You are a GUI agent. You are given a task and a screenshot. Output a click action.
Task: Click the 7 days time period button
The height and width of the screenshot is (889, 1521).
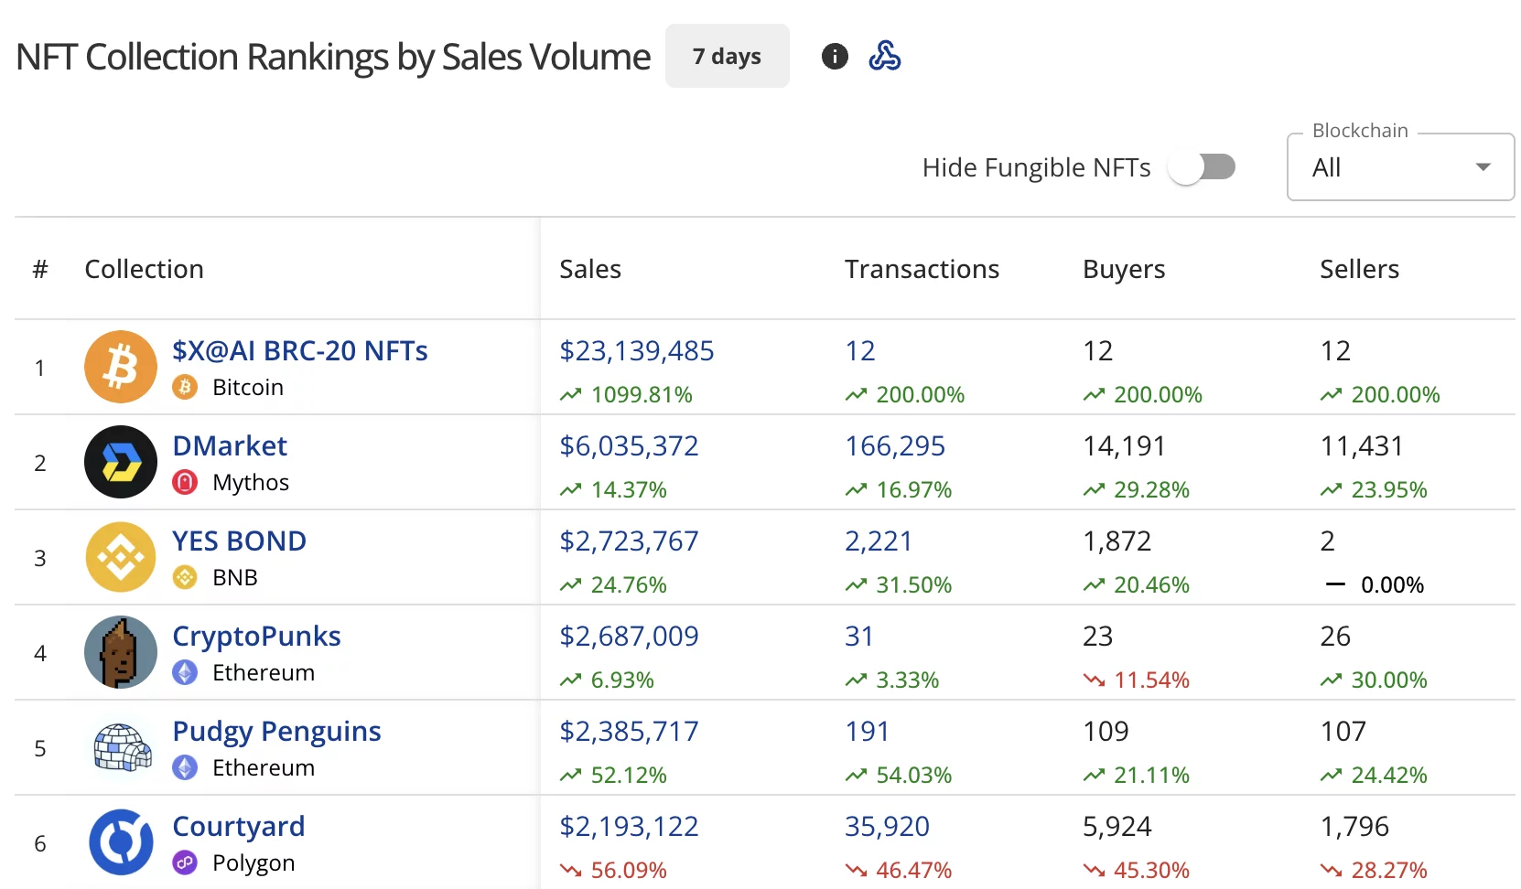pyautogui.click(x=727, y=57)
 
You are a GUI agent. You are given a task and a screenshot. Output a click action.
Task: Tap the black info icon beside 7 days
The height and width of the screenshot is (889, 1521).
pyautogui.click(x=835, y=57)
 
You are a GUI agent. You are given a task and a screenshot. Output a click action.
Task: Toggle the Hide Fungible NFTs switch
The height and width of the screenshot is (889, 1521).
pyautogui.click(x=1202, y=167)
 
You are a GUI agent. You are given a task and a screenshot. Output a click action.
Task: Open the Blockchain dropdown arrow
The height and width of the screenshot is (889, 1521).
pyautogui.click(x=1483, y=167)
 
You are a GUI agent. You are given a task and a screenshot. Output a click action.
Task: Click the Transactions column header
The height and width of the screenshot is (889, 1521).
pyautogui.click(x=922, y=269)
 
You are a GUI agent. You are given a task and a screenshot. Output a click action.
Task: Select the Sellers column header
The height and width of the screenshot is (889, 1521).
pyautogui.click(x=1359, y=269)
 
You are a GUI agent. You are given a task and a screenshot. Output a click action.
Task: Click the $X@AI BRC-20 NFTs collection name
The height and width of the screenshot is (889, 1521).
pyautogui.click(x=299, y=351)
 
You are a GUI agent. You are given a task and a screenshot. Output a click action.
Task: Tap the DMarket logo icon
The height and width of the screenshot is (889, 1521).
pyautogui.click(x=121, y=462)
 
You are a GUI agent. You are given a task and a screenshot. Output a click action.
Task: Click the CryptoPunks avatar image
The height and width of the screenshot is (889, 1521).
pyautogui.click(x=121, y=652)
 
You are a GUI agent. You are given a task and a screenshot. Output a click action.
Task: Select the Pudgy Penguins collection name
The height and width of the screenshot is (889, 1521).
pyautogui.click(x=276, y=732)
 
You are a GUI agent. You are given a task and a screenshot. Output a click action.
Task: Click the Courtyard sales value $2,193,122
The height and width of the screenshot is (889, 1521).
pyautogui.click(x=629, y=827)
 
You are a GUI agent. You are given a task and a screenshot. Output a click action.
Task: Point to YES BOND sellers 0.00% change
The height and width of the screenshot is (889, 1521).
pyautogui.click(x=1391, y=585)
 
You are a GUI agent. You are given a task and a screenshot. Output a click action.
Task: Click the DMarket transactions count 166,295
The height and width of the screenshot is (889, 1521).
pyautogui.click(x=894, y=446)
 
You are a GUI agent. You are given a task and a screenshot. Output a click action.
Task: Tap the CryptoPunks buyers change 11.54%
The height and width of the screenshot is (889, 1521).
pyautogui.click(x=1150, y=680)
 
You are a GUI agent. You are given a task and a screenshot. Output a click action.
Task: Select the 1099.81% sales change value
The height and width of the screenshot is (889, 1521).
pyautogui.click(x=641, y=395)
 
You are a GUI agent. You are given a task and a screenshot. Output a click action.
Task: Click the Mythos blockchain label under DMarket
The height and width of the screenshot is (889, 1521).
pyautogui.click(x=250, y=483)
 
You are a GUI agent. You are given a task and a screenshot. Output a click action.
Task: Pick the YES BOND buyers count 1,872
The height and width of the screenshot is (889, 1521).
pyautogui.click(x=1116, y=541)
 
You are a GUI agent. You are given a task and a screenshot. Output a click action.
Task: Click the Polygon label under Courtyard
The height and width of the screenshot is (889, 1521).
pyautogui.click(x=253, y=863)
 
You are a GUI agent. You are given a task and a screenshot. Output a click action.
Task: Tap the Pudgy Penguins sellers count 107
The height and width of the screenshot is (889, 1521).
pyautogui.click(x=1343, y=732)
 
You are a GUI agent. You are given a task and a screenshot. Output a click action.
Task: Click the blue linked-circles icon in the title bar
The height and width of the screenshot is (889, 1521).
pyautogui.click(x=884, y=57)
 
